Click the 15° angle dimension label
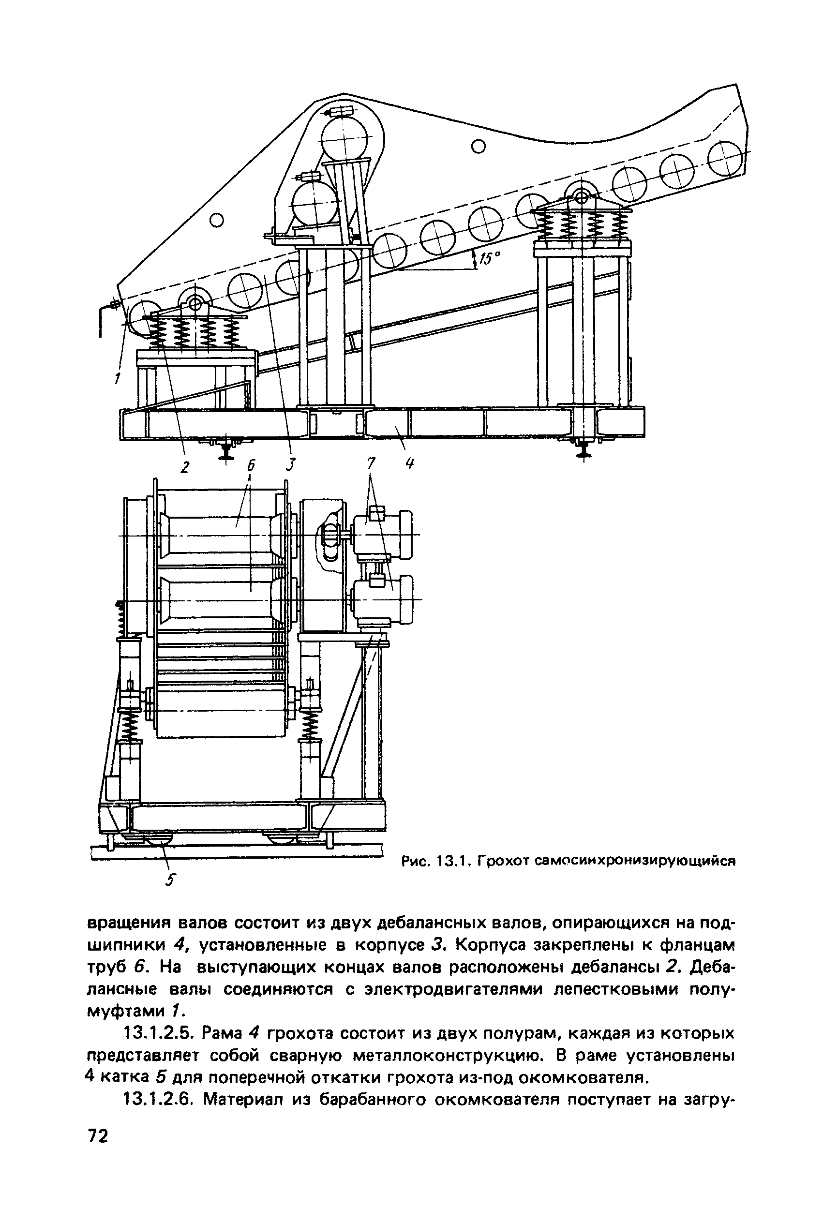point(490,259)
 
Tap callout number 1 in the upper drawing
point(118,377)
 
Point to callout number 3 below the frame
point(291,464)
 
